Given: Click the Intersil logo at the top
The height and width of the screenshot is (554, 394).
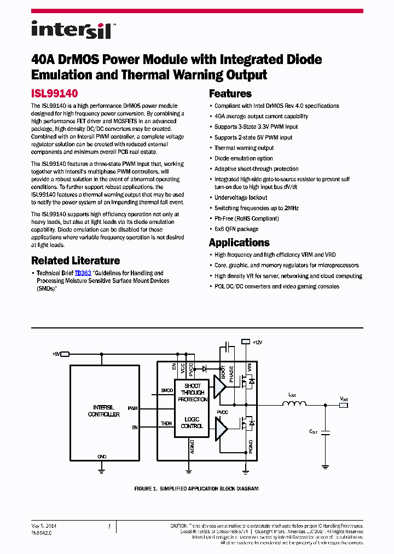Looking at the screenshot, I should [71, 30].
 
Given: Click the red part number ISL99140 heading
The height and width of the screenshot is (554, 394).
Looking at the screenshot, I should [55, 94].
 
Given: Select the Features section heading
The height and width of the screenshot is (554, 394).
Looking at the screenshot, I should [230, 94].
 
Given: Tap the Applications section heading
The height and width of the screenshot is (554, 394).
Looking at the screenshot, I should [239, 243].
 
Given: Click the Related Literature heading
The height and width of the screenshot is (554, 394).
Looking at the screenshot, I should [76, 261].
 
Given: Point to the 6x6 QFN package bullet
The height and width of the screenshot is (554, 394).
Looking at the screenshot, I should [236, 229].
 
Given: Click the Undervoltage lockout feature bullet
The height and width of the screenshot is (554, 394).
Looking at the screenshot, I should [241, 198].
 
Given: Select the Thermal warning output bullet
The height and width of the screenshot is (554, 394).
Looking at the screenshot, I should [244, 148].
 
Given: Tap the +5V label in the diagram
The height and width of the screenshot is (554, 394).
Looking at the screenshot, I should [56, 354].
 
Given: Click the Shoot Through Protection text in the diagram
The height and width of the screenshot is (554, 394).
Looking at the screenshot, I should [192, 393].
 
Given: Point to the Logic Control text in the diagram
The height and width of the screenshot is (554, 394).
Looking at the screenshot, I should [192, 422].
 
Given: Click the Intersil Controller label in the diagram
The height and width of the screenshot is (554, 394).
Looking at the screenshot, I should [103, 411].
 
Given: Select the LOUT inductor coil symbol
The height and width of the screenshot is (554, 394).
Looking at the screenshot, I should [294, 405].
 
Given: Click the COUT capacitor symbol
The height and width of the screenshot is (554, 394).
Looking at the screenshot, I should [326, 432].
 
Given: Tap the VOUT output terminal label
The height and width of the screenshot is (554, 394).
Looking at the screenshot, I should [344, 400].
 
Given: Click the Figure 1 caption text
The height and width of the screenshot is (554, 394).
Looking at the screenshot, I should [196, 488].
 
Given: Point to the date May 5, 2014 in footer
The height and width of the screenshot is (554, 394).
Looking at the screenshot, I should [44, 526].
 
